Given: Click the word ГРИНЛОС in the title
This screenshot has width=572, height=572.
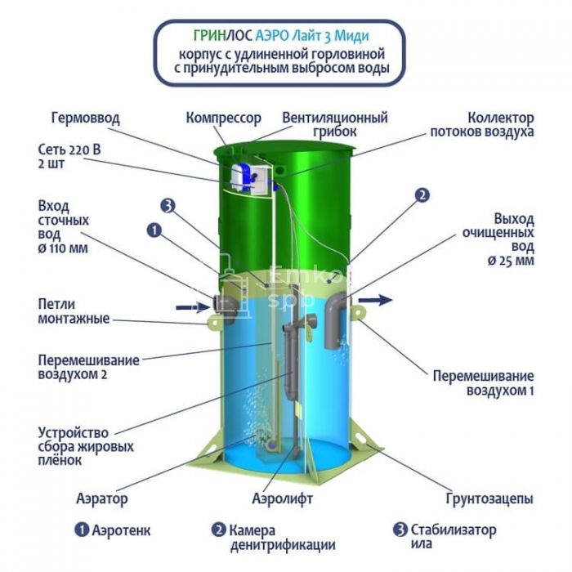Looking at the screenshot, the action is pyautogui.click(x=222, y=36).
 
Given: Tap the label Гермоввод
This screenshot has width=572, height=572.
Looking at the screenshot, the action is pyautogui.click(x=85, y=118).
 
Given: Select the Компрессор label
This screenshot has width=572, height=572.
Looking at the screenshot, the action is pyautogui.click(x=224, y=118).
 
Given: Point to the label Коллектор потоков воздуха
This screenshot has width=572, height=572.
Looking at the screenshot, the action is pyautogui.click(x=482, y=125).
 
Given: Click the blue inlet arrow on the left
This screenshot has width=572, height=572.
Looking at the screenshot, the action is pyautogui.click(x=192, y=307).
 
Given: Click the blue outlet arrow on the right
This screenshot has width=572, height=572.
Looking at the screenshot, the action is pyautogui.click(x=375, y=300).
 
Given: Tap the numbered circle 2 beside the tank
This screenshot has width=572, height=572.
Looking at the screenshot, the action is pyautogui.click(x=422, y=195).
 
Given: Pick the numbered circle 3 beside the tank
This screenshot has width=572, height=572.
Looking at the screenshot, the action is pyautogui.click(x=168, y=206).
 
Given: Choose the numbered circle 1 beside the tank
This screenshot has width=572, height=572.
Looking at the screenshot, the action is pyautogui.click(x=154, y=230).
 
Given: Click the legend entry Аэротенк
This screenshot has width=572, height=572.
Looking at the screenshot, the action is pyautogui.click(x=113, y=530).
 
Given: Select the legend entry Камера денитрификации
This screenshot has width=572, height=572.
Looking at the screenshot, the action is pyautogui.click(x=273, y=538).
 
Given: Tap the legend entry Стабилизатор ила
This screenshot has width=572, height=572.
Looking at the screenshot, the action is pyautogui.click(x=445, y=537).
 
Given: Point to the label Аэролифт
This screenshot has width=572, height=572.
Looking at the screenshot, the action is pyautogui.click(x=283, y=498).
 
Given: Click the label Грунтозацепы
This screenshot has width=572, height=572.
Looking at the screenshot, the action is pyautogui.click(x=489, y=498).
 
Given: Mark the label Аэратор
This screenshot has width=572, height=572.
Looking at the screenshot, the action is pyautogui.click(x=102, y=498).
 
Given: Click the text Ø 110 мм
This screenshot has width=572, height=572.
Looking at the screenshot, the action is pyautogui.click(x=63, y=248).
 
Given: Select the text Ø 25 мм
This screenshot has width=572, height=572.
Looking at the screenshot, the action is pyautogui.click(x=511, y=261).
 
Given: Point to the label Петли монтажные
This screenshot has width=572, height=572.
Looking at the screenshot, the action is pyautogui.click(x=74, y=311).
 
